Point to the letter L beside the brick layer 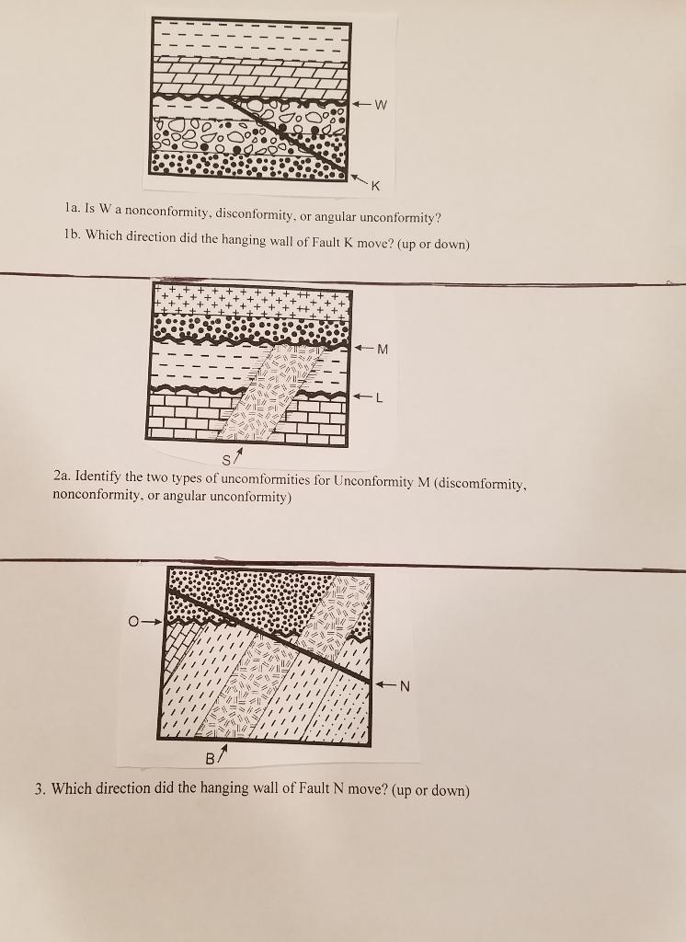point(378,396)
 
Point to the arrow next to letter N point(386,684)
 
